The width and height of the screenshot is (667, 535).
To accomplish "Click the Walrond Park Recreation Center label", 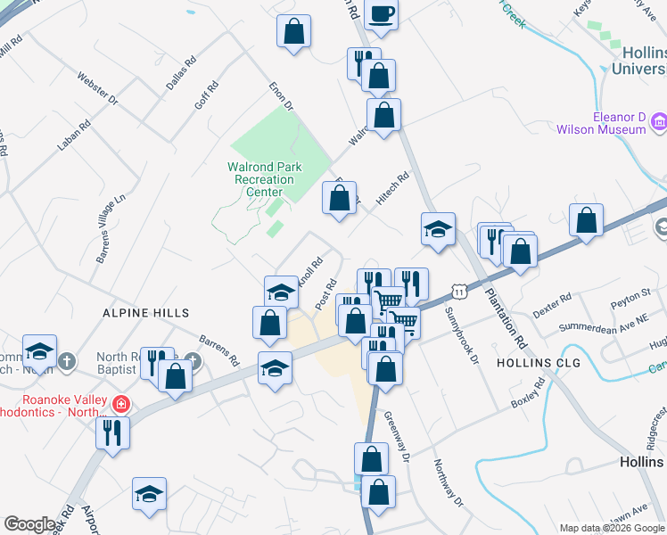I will coord(265,179).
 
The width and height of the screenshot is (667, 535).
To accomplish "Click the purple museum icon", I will coord(659,121).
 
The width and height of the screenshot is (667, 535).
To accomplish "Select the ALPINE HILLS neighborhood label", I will coord(146,313).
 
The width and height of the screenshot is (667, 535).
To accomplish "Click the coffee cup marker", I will coord(381,14).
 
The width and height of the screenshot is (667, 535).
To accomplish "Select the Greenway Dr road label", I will coord(397,434).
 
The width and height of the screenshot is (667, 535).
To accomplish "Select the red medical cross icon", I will coord(121,405).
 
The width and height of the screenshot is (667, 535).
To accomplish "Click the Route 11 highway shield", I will coord(458,292).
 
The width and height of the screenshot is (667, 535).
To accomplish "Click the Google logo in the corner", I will coord(29,524).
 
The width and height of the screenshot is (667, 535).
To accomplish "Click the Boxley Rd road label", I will coord(527,393).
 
